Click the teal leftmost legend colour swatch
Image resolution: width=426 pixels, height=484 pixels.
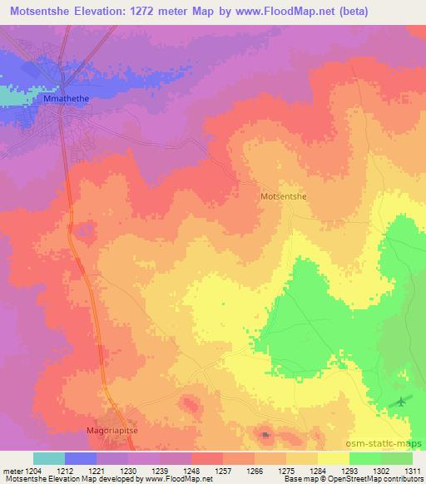[x=48, y=457]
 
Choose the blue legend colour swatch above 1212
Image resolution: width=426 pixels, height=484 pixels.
[x=81, y=457]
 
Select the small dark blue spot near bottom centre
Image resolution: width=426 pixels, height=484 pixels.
[x=265, y=433]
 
